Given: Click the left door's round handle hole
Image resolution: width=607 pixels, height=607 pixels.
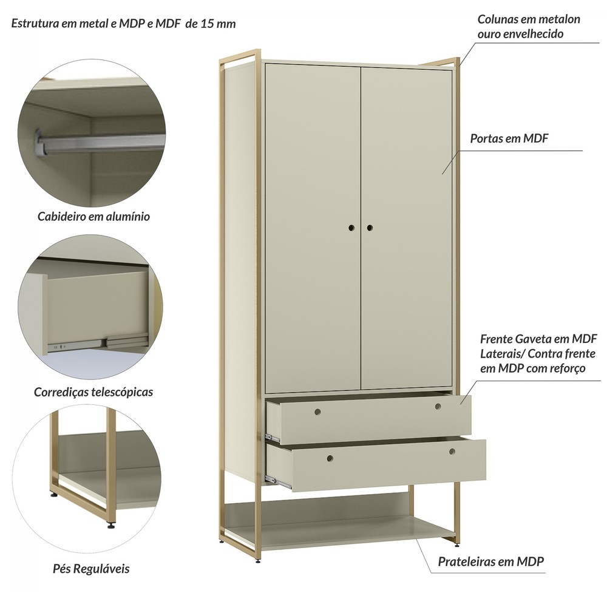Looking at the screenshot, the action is click(351, 228).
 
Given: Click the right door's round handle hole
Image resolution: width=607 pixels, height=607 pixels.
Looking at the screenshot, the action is click(370, 228).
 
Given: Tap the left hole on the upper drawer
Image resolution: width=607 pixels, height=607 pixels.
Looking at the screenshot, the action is click(317, 412).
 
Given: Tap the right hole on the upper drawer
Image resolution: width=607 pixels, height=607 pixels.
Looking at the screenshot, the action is click(438, 407).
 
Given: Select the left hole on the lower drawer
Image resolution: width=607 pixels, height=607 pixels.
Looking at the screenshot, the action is click(330, 458).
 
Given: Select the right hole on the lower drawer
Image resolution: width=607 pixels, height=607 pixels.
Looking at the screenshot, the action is click(452, 452).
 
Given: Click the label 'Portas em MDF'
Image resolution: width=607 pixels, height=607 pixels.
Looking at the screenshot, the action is click(509, 138).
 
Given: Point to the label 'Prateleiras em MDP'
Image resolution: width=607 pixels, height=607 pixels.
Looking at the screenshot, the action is click(491, 561).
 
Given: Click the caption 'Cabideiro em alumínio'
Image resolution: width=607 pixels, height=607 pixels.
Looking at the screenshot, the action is click(93, 216).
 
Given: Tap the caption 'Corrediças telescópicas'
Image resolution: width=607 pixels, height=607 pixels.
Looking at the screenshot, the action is click(93, 392).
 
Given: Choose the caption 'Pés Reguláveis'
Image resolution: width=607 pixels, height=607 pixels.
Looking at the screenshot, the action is click(91, 569).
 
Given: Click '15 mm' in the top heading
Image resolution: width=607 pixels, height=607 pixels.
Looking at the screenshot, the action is click(217, 24).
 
